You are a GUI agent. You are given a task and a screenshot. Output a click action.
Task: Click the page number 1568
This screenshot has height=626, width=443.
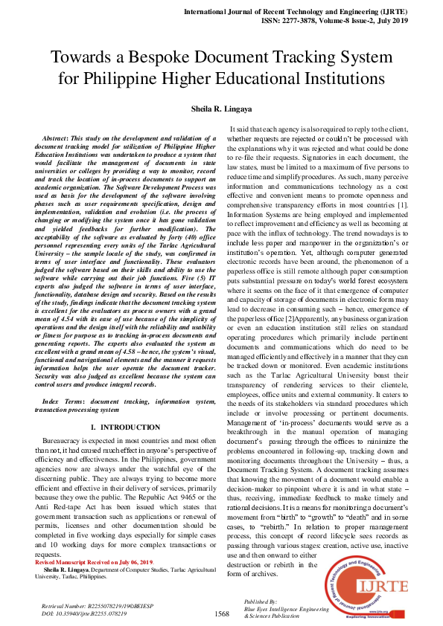221,614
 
